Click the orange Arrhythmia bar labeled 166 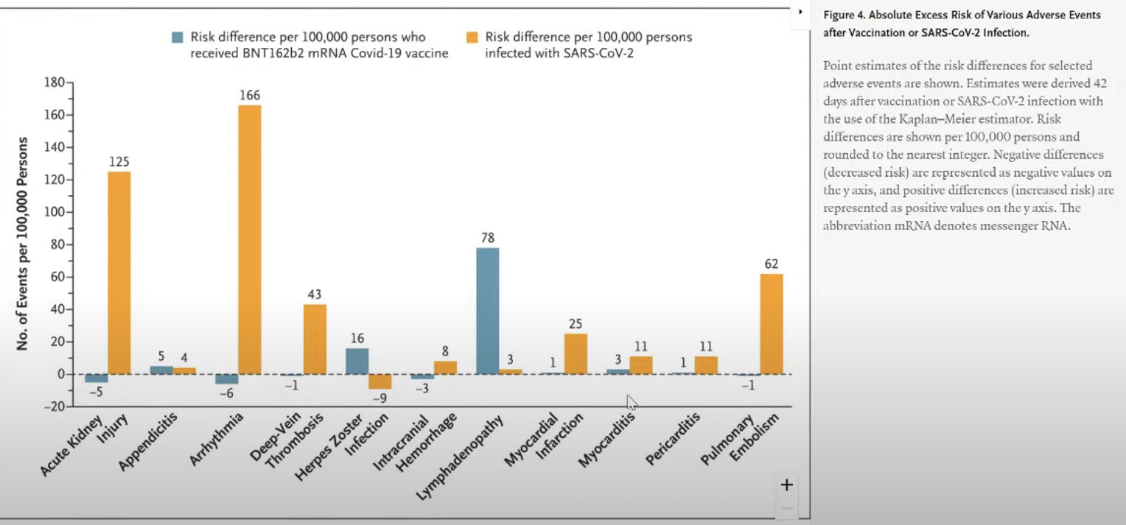249,239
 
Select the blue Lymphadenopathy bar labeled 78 487,311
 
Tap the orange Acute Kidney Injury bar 119,272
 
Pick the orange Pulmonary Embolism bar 772,324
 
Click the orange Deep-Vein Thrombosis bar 315,339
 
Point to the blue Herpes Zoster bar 357,361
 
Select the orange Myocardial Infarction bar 576,353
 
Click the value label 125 119,161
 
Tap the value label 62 772,264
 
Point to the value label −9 380,398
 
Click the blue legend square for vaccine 178,37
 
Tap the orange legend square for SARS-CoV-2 472,37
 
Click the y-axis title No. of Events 23,243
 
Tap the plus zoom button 786,485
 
